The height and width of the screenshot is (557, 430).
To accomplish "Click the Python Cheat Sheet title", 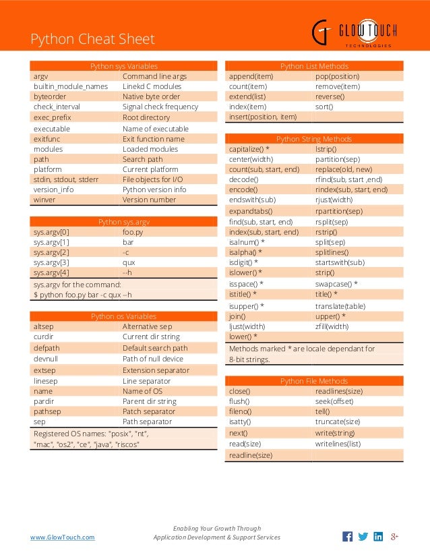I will (x=92, y=39).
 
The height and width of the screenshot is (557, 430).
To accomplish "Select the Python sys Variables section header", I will (x=124, y=66).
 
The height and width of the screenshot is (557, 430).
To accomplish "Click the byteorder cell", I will (x=50, y=96).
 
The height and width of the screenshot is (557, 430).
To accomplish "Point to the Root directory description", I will (x=146, y=117).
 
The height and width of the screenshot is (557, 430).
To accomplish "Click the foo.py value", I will (x=133, y=232).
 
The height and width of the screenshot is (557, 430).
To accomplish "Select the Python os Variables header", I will (x=124, y=316).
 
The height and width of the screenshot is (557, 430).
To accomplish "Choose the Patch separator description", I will (x=149, y=411).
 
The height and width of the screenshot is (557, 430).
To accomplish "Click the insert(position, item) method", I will (x=263, y=117).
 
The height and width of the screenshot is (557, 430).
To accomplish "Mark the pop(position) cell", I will (x=338, y=76).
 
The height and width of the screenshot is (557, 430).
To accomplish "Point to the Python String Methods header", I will (x=314, y=139).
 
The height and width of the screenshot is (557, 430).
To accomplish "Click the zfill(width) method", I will (x=332, y=326).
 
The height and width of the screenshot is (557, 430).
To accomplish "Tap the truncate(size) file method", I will (x=338, y=421).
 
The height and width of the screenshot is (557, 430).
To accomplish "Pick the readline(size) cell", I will (x=251, y=455).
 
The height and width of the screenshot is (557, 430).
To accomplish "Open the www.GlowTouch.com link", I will (x=63, y=537).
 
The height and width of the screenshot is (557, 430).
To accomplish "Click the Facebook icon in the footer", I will (x=348, y=537).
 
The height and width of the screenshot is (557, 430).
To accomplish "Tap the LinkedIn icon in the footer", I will (x=378, y=537).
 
